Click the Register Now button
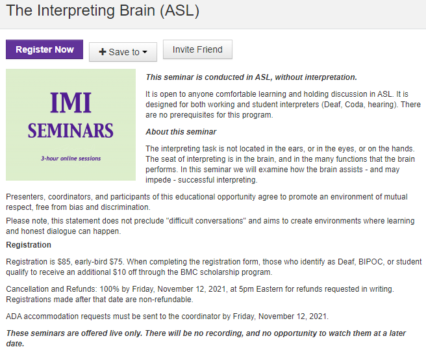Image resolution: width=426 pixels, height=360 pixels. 45,50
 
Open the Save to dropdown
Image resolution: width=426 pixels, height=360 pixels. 123,52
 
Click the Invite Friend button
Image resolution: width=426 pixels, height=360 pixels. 197,49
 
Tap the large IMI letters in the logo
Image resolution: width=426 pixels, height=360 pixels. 71,102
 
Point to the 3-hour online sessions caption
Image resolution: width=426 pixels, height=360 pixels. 71,158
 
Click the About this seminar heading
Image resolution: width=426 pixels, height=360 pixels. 181,132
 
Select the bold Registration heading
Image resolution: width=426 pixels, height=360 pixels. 29,245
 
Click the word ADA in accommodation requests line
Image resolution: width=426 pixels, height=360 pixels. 15,316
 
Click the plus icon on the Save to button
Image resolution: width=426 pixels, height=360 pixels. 103,52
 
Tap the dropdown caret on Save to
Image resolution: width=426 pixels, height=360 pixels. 145,53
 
